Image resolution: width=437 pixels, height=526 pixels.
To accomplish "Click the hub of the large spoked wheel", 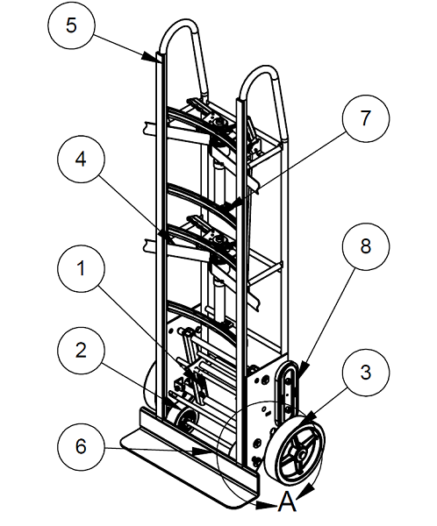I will (301, 451).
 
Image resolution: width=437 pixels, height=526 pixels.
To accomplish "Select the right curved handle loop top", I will (263, 75).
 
